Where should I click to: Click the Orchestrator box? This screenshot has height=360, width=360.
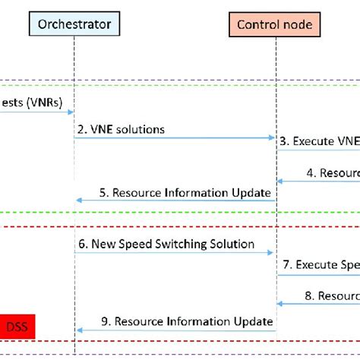click(75, 24)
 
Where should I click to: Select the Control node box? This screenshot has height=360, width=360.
click(275, 24)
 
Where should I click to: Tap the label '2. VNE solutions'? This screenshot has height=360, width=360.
click(120, 129)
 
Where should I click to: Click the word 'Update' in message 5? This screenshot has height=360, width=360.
click(252, 192)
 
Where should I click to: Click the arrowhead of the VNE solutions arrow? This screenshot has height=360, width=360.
click(272, 138)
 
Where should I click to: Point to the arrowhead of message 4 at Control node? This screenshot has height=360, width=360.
click(279, 182)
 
